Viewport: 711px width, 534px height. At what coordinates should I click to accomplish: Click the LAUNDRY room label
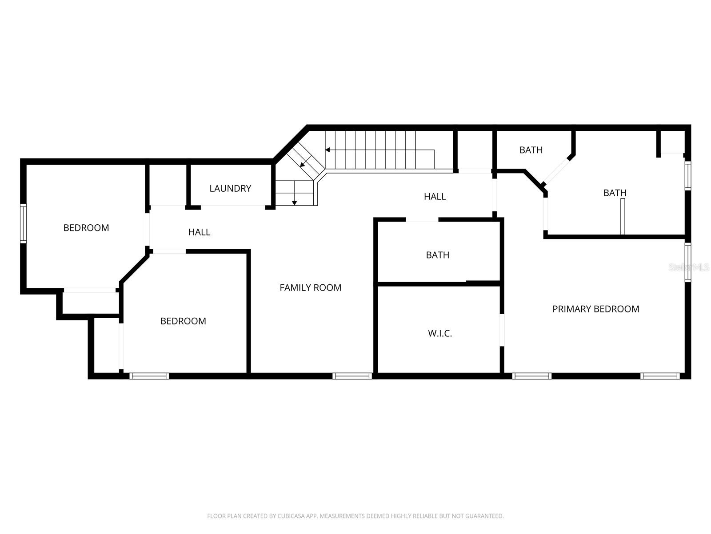point(230,188)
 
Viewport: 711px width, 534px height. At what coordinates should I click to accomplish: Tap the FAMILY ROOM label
point(310,287)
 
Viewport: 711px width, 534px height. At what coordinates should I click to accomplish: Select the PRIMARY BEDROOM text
point(595,309)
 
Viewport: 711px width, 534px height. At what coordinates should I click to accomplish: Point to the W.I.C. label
point(440,333)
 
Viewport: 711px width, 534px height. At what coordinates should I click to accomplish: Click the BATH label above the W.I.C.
point(437,255)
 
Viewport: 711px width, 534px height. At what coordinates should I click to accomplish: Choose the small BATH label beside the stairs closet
point(531,150)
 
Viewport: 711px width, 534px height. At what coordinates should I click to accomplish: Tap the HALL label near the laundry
point(199,232)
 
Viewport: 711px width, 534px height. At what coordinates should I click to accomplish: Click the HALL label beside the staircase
point(435,196)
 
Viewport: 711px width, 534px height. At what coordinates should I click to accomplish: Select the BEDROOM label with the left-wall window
point(86,228)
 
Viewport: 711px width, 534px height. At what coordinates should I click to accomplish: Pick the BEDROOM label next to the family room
point(183,321)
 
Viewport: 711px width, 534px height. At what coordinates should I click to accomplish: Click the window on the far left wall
point(24,223)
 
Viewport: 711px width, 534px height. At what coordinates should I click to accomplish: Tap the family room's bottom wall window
point(352,376)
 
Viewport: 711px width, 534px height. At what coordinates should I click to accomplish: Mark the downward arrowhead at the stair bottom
point(294,203)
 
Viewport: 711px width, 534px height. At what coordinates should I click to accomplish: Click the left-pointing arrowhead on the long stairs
point(328,150)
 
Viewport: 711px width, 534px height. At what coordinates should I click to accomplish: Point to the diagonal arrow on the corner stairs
point(303,164)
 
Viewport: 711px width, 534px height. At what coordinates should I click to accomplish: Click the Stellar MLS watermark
point(689,267)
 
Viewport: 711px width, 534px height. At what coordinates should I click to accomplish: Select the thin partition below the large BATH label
point(623,216)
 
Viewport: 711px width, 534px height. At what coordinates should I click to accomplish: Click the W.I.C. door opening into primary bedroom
point(502,330)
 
